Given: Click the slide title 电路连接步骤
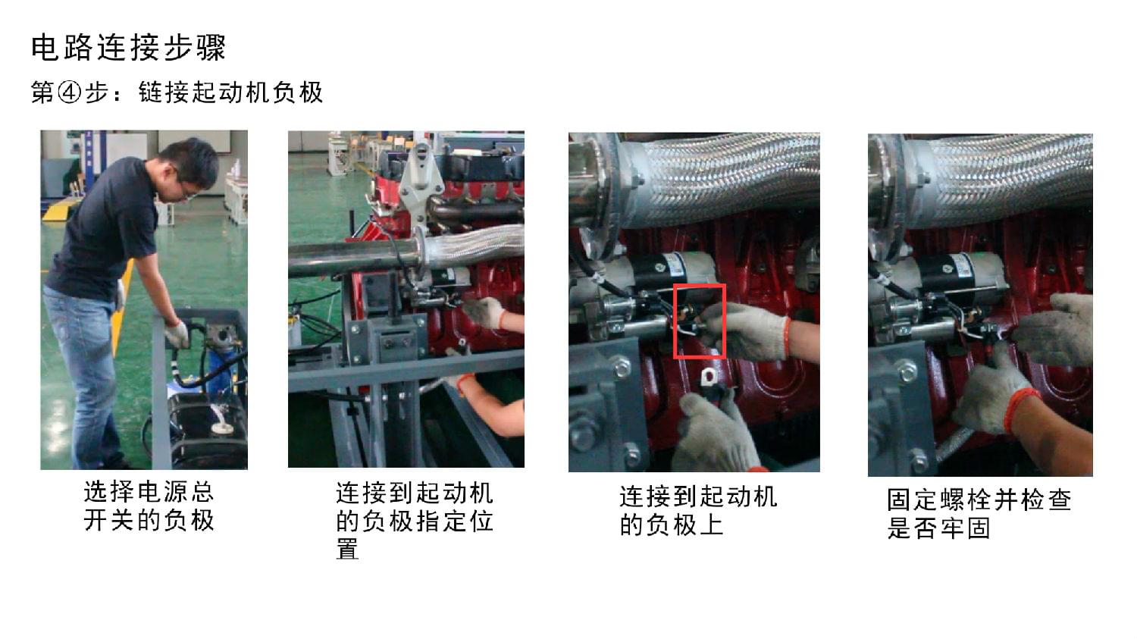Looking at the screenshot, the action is pos(128,49).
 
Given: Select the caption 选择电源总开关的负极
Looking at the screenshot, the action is pos(149,506).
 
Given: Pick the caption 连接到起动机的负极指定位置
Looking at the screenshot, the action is pos(414,521).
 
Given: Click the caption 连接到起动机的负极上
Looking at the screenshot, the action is pos(698,511).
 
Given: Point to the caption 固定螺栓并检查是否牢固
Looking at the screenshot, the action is pos(979,514).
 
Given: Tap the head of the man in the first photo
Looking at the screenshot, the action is pos(189,165).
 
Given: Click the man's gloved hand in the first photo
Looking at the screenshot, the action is pos(177,333).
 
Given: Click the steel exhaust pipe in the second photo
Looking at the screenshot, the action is pos(356,258).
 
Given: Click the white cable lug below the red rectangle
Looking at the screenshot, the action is pos(709,377).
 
